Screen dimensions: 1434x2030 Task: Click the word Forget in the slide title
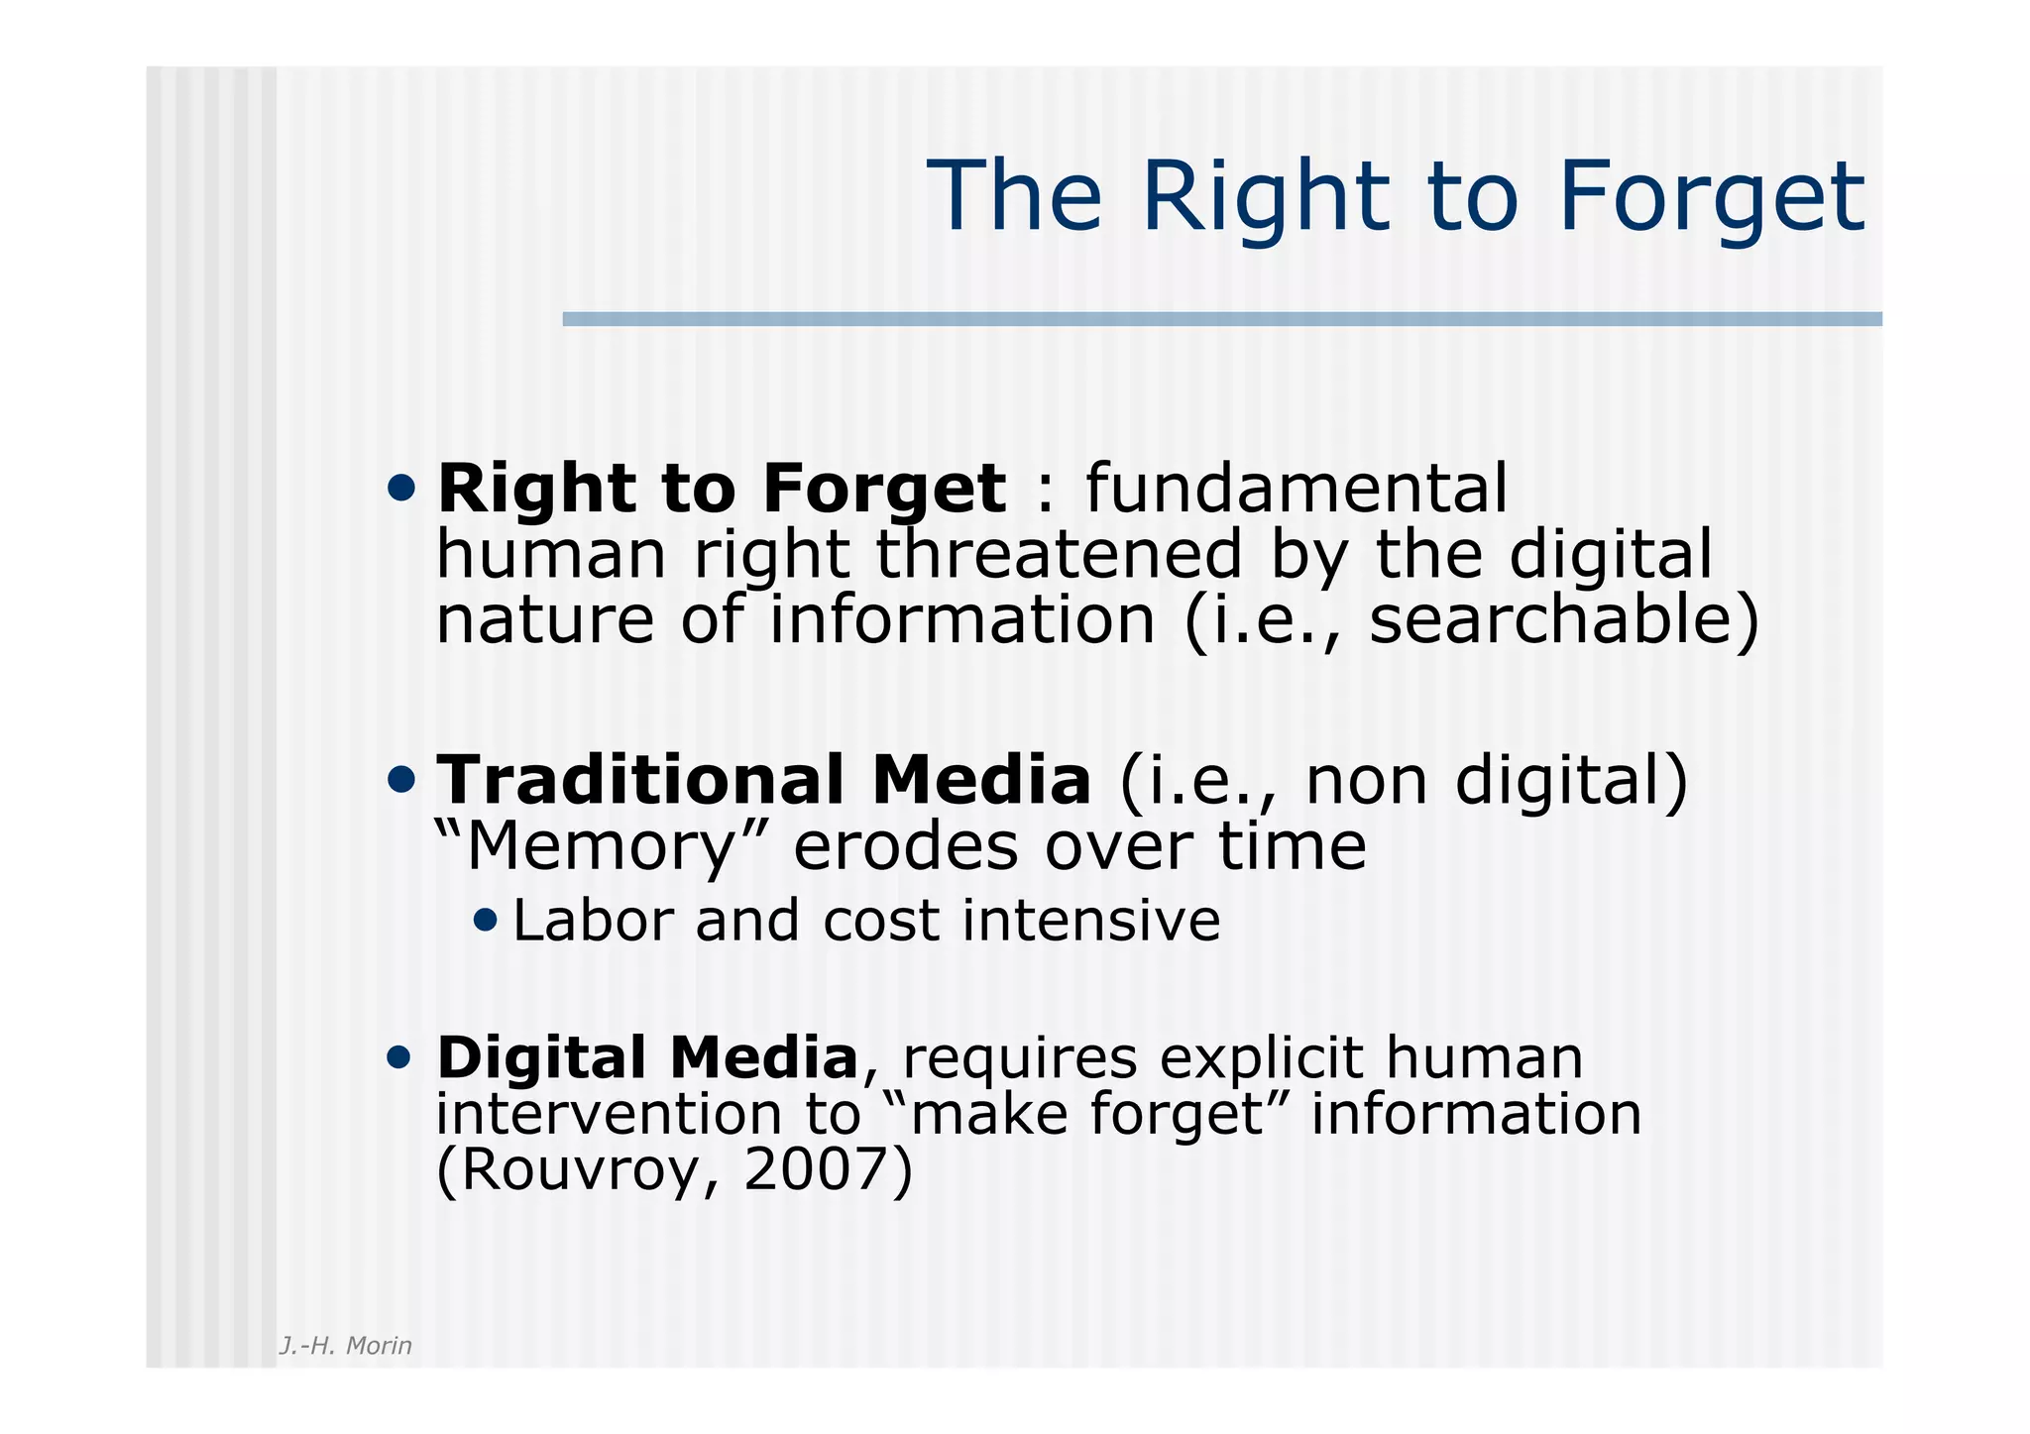[1711, 198]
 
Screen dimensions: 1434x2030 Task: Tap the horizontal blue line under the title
[1221, 319]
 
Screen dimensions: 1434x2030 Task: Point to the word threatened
[1058, 554]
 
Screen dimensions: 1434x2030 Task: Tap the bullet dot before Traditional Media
[401, 781]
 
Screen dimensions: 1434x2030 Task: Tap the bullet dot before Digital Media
[398, 1058]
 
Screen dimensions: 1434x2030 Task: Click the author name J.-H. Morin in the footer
[345, 1346]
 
